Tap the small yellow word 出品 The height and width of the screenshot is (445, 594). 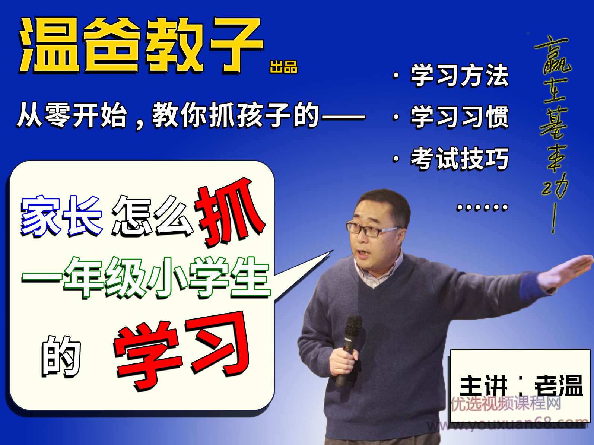point(283,67)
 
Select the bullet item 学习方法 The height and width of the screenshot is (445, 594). point(459,75)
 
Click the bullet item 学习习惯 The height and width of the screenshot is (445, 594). point(459,117)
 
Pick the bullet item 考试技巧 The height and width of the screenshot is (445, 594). point(459,159)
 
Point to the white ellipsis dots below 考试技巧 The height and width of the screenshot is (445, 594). point(482,207)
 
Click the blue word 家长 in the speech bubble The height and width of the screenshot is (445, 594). point(61,216)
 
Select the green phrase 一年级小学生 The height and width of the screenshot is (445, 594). point(145,277)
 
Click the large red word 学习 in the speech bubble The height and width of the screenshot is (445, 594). point(182,350)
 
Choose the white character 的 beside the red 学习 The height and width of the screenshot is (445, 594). point(61,356)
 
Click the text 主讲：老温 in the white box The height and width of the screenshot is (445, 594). point(521,386)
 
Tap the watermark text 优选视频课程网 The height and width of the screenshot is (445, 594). point(506,403)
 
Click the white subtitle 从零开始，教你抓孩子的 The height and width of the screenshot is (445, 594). point(190,115)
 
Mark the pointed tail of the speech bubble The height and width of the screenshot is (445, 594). point(320,261)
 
